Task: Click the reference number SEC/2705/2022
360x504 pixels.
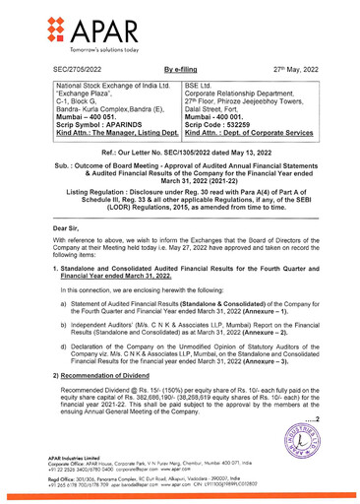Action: [x=80, y=73]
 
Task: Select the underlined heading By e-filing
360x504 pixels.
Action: [x=182, y=73]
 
